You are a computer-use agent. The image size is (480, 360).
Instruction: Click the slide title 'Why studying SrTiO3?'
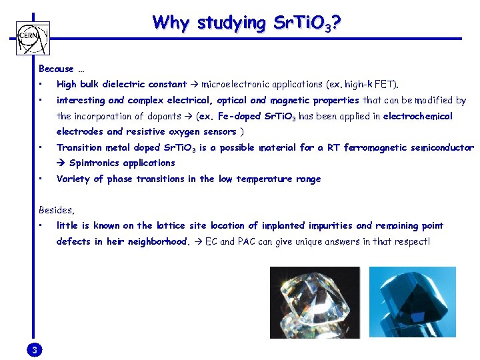coord(247,23)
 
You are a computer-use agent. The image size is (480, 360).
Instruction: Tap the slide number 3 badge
coord(35,350)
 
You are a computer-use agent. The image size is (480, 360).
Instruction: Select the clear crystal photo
coord(315,301)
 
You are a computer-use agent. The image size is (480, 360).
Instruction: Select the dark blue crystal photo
coord(413,301)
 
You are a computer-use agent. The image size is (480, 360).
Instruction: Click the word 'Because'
coord(56,69)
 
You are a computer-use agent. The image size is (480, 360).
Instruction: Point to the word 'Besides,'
coord(57,209)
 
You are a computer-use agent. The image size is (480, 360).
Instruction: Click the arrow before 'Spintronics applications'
coord(61,163)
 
